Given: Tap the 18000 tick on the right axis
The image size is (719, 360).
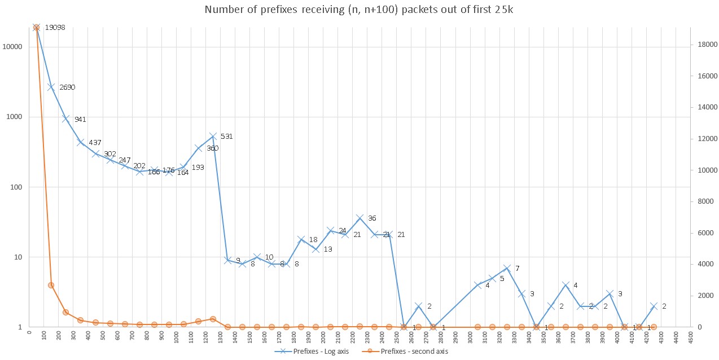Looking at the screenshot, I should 706,43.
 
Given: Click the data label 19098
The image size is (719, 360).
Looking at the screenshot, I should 55,27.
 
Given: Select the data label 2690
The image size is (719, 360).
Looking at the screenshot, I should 67,87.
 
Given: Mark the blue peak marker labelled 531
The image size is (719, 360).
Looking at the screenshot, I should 213,136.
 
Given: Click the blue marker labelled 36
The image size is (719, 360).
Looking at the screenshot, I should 359,218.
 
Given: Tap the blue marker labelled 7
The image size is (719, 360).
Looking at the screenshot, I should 507,268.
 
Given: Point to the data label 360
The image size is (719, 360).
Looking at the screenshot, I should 212,148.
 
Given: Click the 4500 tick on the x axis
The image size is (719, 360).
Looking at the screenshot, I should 690,337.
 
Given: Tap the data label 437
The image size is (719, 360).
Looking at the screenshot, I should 95,143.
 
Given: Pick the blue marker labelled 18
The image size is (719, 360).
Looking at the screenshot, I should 301,240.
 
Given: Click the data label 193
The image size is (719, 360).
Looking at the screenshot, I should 198,168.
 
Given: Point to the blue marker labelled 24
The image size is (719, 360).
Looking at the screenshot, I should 330,230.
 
